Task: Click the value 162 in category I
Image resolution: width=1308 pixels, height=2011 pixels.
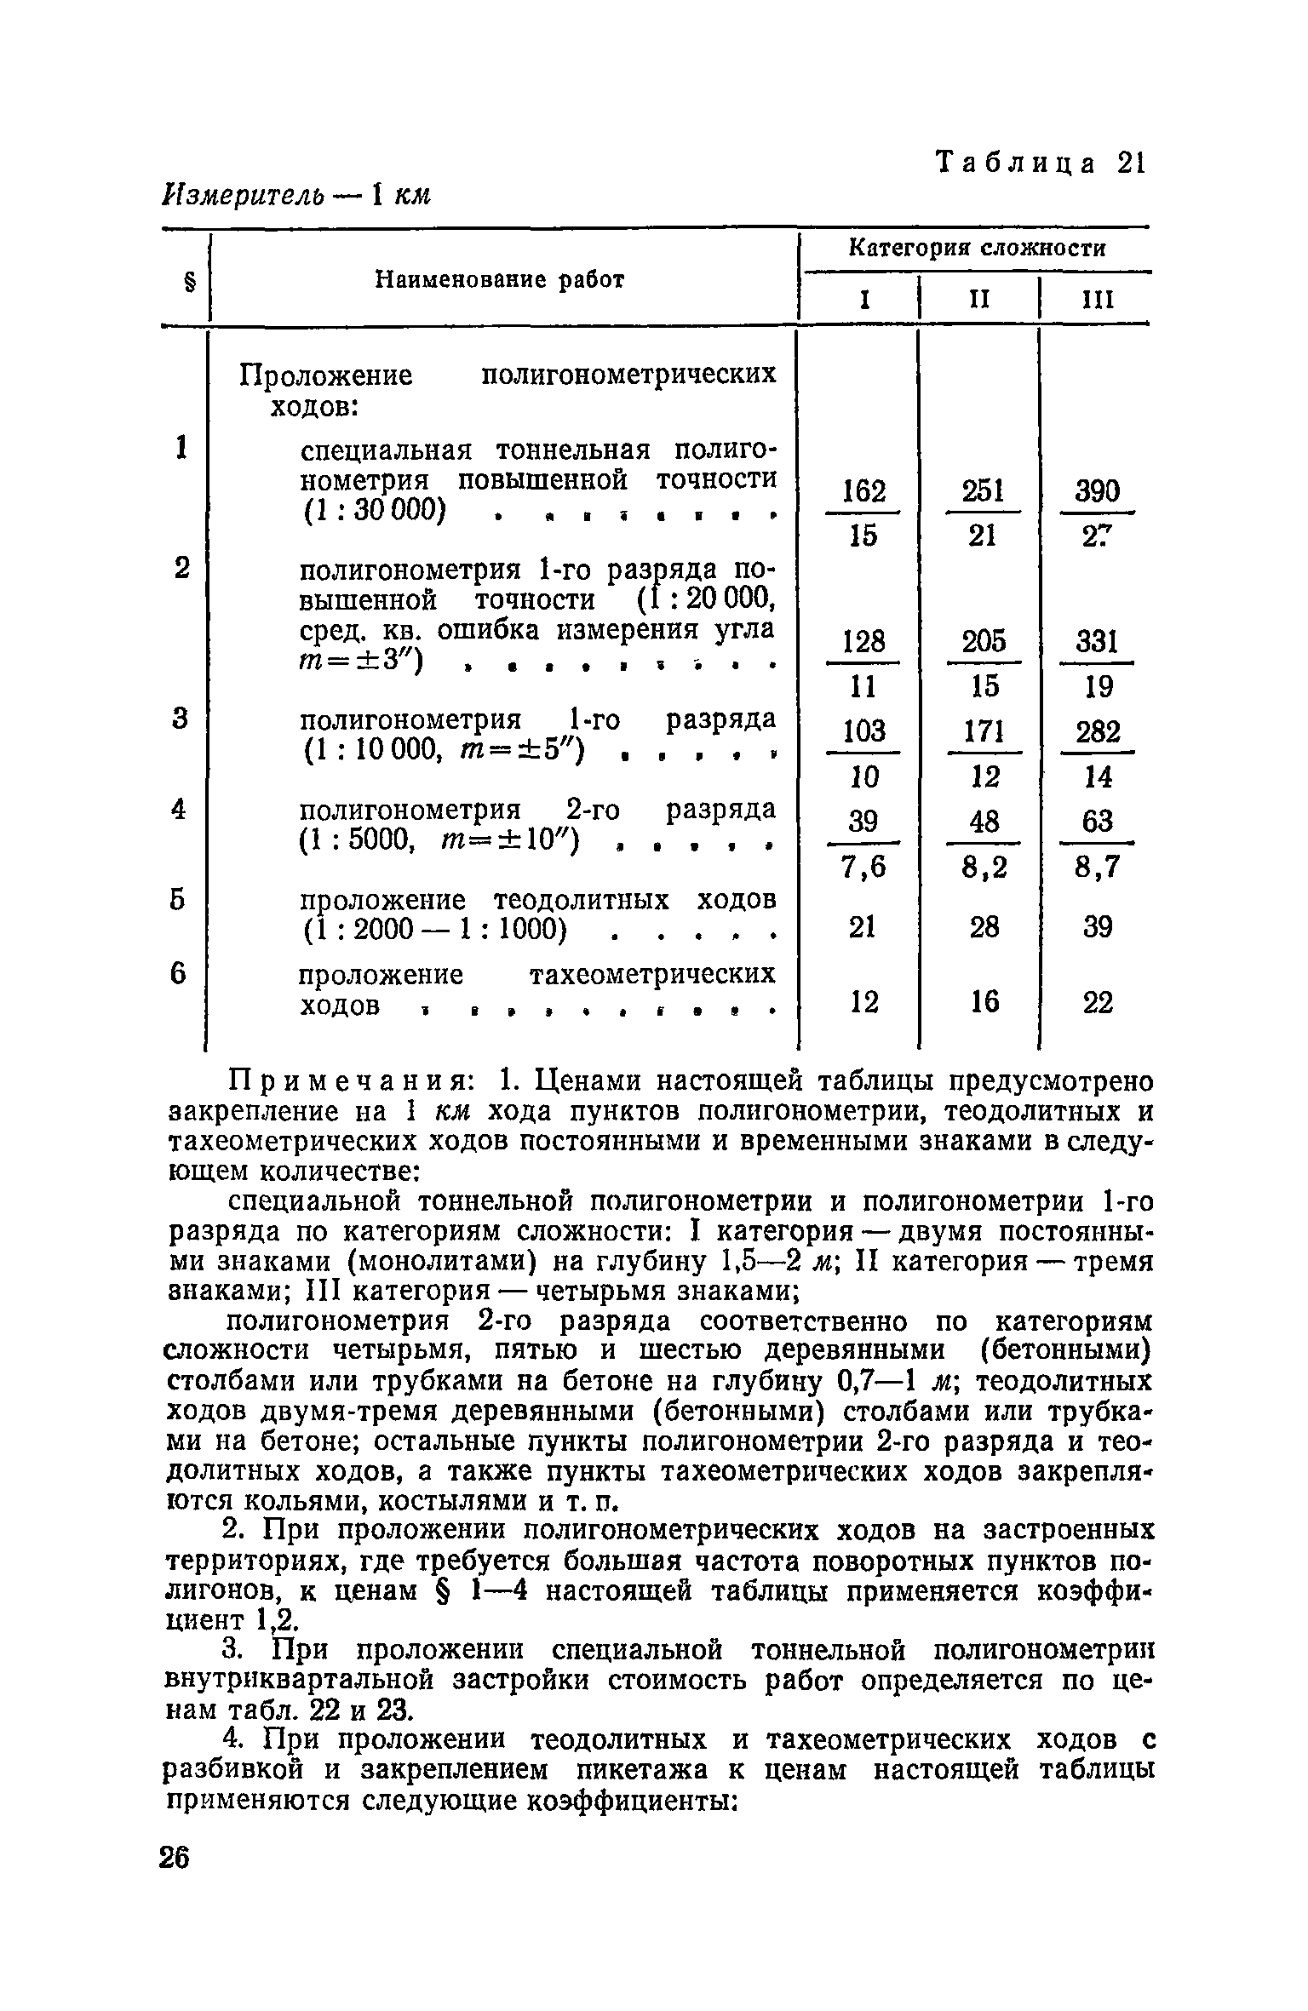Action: (x=863, y=492)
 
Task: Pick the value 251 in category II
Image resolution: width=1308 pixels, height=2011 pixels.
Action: (x=983, y=492)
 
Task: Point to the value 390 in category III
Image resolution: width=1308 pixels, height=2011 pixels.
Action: (x=1098, y=492)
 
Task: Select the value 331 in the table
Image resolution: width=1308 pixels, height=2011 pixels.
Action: (x=1098, y=641)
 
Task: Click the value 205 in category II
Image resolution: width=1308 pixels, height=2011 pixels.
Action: (x=983, y=641)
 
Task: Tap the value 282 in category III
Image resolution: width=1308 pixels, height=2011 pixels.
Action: (x=1098, y=731)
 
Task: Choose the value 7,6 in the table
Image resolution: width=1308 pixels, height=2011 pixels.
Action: (x=863, y=867)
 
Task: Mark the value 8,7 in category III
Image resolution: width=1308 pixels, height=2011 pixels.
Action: (x=1098, y=867)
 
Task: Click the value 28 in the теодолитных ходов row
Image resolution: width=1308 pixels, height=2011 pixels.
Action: (x=984, y=927)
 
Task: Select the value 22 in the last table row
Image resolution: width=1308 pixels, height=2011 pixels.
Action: (x=1098, y=1004)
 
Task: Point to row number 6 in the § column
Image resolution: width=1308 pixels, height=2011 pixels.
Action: (x=178, y=973)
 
